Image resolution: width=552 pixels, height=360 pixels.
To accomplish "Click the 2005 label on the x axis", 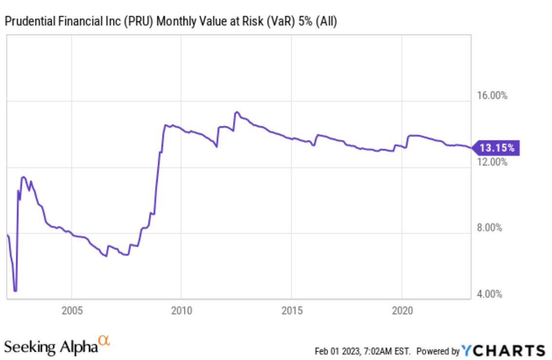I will (72, 310).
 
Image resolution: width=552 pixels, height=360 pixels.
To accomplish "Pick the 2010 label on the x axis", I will (181, 310).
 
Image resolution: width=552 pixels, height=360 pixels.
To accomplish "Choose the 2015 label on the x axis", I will (291, 310).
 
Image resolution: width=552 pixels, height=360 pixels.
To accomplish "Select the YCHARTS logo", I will (503, 350).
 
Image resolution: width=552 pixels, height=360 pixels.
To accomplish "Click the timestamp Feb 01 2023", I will (339, 351).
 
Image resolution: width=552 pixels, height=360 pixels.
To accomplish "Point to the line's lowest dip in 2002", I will (16, 291).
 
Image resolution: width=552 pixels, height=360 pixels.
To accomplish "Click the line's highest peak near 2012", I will (237, 112).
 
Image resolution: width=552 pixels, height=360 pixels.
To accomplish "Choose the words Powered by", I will (438, 351).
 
